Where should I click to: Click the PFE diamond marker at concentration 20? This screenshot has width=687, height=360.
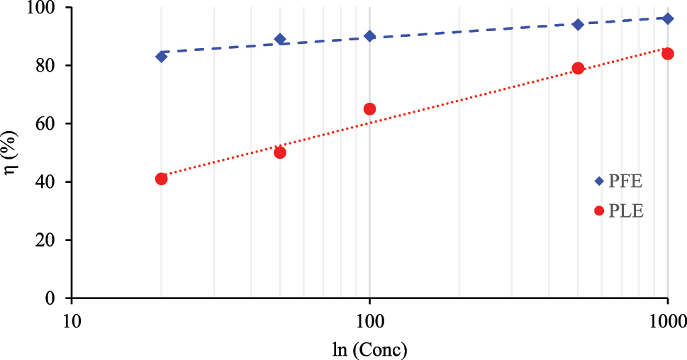click(x=161, y=57)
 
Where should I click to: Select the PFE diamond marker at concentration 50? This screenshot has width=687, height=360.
click(x=280, y=39)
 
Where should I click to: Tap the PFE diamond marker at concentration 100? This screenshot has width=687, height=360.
click(x=369, y=36)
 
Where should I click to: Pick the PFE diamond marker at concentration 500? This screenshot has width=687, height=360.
click(x=578, y=24)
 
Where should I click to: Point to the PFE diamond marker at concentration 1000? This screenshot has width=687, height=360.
click(x=667, y=18)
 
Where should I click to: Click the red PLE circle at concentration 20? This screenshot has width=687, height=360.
click(x=161, y=179)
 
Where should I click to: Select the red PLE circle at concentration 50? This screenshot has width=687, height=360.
click(x=280, y=152)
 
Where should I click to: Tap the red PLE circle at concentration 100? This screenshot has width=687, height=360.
click(x=369, y=109)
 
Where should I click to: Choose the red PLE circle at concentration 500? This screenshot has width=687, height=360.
click(x=578, y=68)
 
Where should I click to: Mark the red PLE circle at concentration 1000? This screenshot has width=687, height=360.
click(x=667, y=54)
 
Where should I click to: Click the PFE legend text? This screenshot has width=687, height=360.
click(x=626, y=181)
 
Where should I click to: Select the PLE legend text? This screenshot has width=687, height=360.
click(x=626, y=210)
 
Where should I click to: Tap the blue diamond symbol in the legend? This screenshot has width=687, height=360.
click(x=599, y=181)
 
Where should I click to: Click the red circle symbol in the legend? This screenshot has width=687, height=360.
click(x=599, y=210)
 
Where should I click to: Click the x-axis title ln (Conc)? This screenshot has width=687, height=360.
click(x=369, y=349)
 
